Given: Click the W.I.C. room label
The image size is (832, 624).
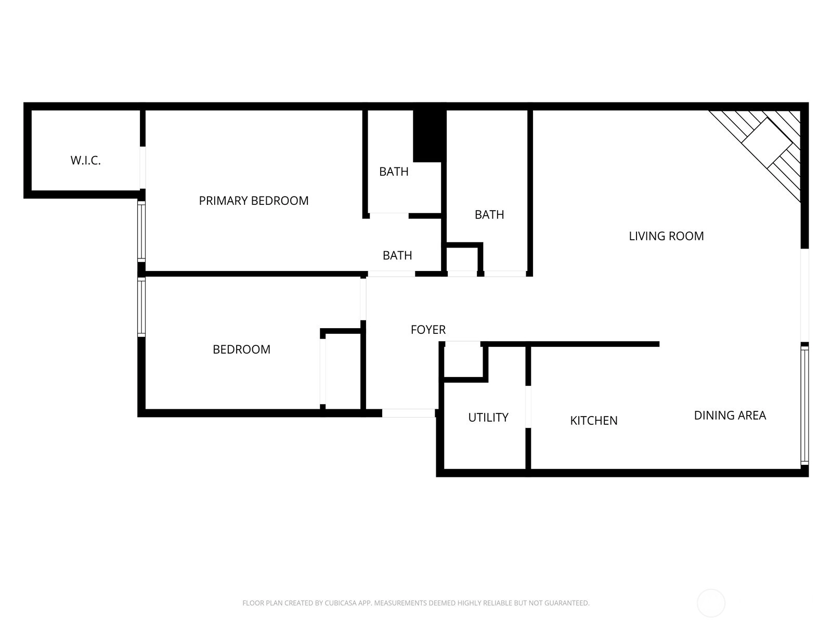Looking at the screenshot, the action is coord(86,160).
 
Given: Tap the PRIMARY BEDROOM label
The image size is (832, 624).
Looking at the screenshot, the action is coord(254,200).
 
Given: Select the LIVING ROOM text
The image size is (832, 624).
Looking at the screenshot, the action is coord(666,236).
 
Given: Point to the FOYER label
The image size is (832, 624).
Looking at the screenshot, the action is coord(428,330).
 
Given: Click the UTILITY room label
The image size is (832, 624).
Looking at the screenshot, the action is coord(488,417).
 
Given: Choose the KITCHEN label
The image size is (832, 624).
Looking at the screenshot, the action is coord(594,420).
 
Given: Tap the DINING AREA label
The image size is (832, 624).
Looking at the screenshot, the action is coord(730,415).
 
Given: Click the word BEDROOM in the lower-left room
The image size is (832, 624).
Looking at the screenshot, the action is coord(241,349).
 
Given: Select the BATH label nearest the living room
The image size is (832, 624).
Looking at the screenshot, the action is coord(489,215).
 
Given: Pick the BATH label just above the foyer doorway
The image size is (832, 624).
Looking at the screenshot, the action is coord(397,255).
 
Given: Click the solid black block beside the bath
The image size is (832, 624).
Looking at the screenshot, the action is coord(429,136).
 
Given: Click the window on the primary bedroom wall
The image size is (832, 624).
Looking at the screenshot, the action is coord(141,231).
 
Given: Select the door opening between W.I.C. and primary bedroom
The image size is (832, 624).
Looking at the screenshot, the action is coord(142,167).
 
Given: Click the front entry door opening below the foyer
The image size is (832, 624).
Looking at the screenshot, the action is coord(408,413).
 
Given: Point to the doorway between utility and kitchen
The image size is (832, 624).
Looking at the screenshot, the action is coord(528,407).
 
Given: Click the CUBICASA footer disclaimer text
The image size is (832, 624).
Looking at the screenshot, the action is coord(416,603).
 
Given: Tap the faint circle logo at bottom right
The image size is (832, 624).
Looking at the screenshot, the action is coord(711,603).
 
